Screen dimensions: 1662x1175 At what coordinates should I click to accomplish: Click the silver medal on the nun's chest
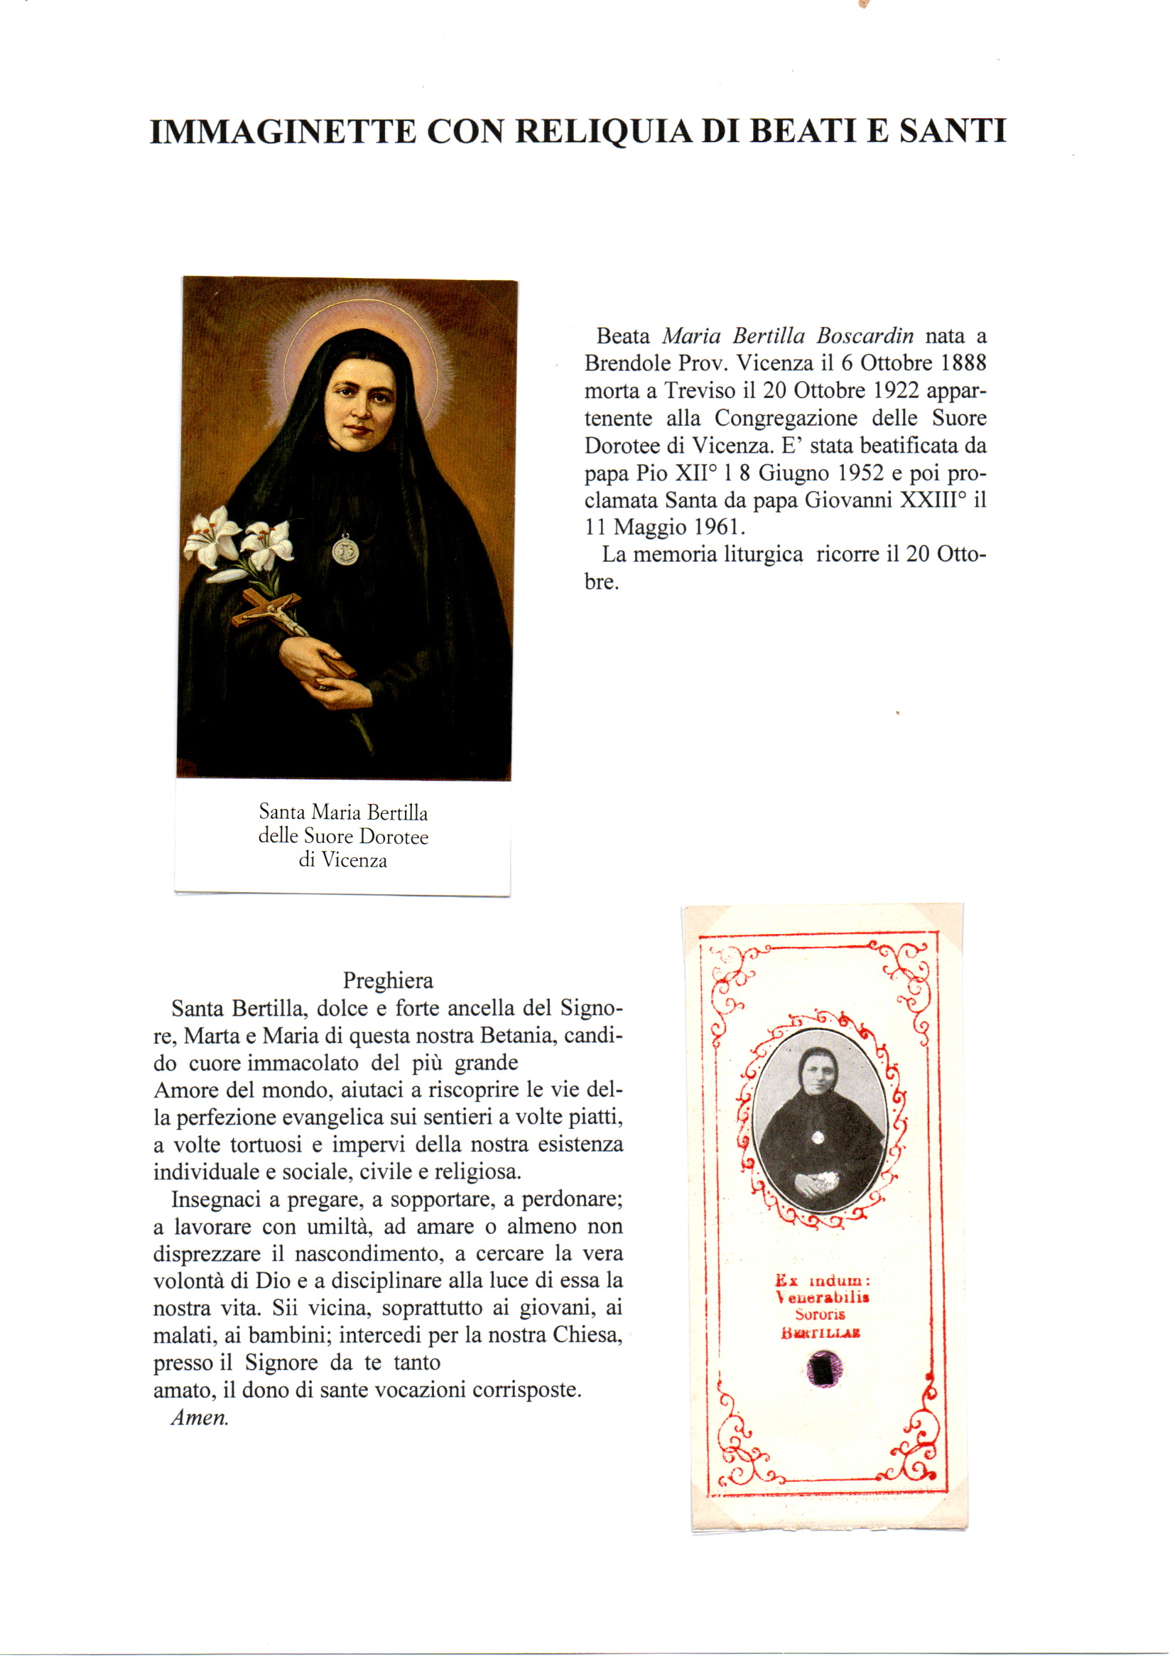click(345, 551)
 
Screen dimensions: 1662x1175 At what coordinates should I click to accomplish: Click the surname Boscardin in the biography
click(865, 336)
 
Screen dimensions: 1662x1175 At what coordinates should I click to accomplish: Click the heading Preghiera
click(388, 981)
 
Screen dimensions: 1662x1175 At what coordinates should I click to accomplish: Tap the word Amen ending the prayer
click(199, 1417)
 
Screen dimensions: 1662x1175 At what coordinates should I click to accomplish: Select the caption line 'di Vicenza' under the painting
click(343, 860)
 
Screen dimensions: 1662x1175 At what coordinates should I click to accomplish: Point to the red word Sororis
click(820, 1314)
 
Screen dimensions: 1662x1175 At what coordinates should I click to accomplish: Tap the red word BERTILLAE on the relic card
click(821, 1334)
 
